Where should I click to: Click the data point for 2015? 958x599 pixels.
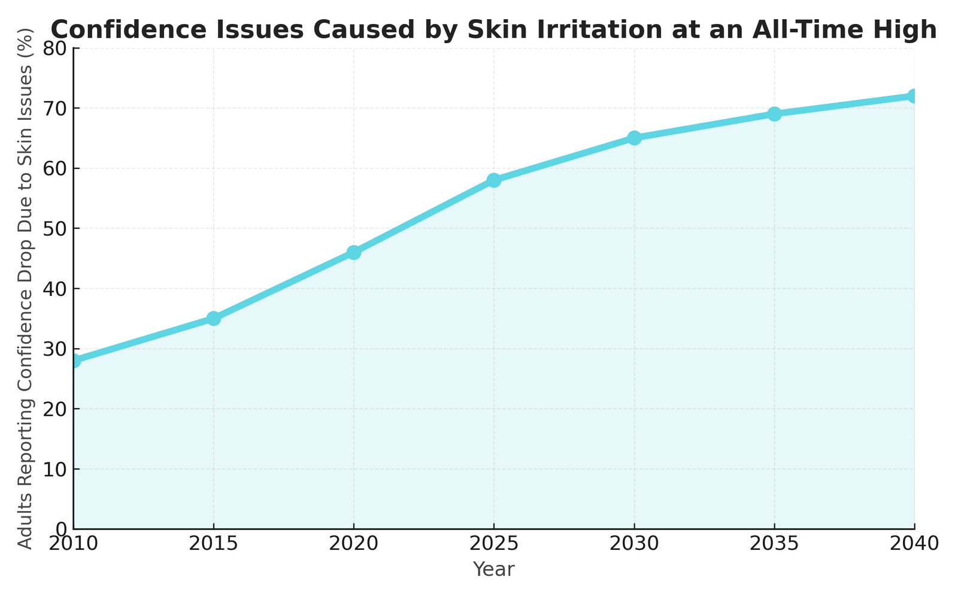coord(214,318)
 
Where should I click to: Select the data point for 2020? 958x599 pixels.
coord(354,252)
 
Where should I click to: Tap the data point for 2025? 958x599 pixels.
coord(494,180)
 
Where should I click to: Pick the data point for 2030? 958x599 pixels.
coord(634,138)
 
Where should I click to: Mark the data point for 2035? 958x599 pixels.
coord(774,114)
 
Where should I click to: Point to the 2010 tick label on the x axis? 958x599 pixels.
coord(73,544)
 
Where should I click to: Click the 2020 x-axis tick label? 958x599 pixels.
coord(354,544)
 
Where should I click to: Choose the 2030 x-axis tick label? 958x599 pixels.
coord(634,544)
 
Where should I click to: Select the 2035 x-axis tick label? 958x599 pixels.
coord(774,544)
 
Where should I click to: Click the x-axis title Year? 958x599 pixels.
coord(493,570)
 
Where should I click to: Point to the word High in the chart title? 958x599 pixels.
coord(909,30)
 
